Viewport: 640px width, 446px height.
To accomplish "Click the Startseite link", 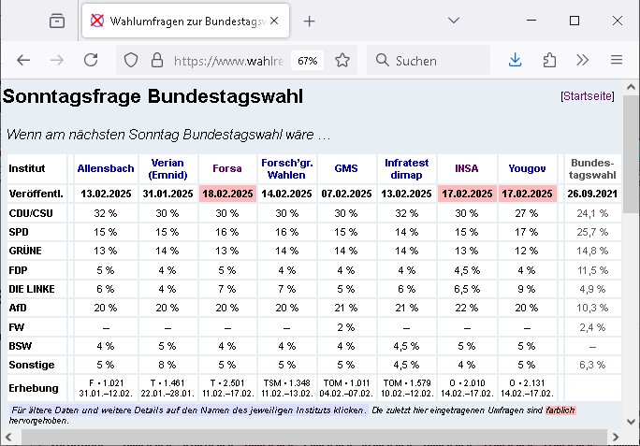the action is click(x=588, y=96).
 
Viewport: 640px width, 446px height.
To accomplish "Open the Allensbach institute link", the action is click(x=106, y=168).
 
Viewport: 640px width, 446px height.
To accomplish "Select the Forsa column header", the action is click(x=227, y=168).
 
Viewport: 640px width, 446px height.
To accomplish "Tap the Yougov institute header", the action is click(x=527, y=168).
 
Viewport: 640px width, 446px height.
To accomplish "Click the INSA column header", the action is click(x=467, y=168).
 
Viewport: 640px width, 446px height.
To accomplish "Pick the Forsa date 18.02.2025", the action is click(x=227, y=194).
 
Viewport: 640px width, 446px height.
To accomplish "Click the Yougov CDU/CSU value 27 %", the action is click(x=527, y=213).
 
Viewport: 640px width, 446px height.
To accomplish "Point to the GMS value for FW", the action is click(x=345, y=327).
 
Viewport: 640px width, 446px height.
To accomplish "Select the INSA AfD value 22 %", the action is click(x=467, y=308).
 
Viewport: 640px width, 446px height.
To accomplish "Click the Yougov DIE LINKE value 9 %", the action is click(x=527, y=289).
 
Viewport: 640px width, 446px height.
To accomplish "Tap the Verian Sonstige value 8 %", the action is click(x=167, y=365).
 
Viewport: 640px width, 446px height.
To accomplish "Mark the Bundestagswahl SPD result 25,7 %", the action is click(x=592, y=232).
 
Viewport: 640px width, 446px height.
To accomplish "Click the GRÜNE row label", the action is click(x=25, y=251).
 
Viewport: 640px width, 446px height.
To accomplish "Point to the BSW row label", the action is click(x=21, y=346).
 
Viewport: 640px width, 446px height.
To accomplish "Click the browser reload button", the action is click(x=91, y=60).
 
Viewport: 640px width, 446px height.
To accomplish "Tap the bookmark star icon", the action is click(x=342, y=61).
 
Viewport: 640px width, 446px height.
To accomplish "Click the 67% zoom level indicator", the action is click(x=307, y=61).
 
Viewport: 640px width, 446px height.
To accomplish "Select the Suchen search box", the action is click(x=429, y=61).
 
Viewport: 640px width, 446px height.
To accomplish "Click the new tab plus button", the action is click(x=310, y=21).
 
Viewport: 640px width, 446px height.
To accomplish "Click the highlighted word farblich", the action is click(x=560, y=410).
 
